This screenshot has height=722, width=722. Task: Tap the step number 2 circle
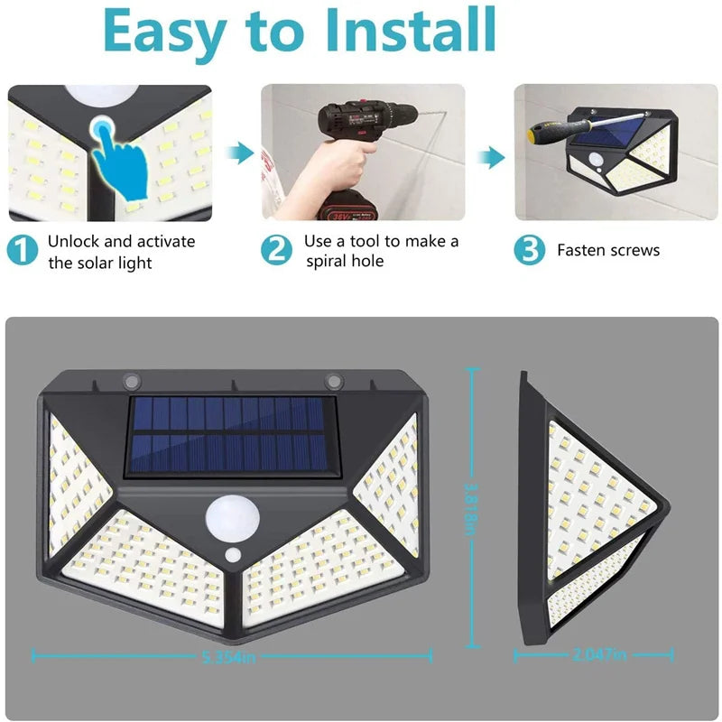pos(277,250)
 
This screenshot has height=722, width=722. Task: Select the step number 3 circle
pos(529,250)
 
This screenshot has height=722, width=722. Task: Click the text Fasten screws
pos(608,251)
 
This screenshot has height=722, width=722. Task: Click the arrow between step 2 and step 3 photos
pos(490,157)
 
